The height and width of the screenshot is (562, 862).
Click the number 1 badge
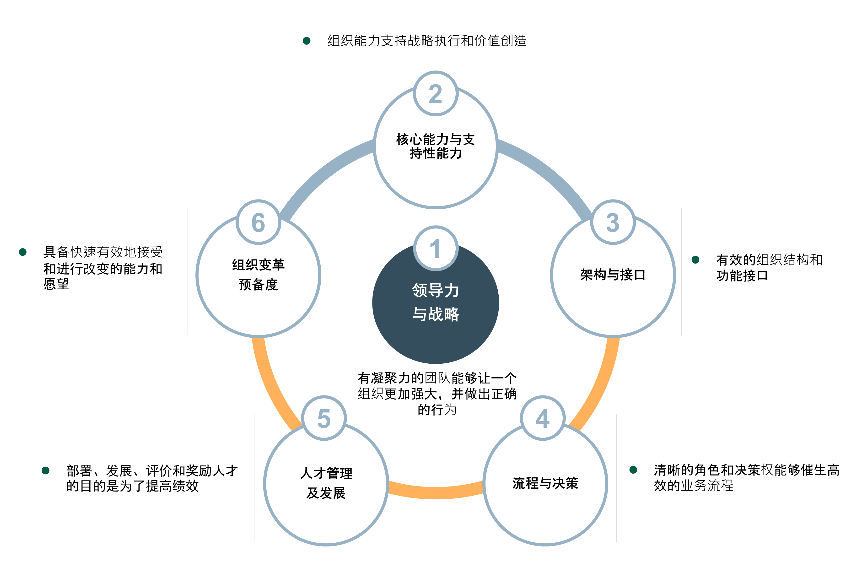point(436,248)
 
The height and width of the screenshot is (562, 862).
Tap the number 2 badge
point(436,93)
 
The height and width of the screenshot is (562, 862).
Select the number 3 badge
point(613,222)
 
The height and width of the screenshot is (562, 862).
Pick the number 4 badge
point(543,418)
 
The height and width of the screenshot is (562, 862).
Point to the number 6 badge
point(258,222)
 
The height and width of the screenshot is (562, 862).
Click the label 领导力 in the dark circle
point(436,290)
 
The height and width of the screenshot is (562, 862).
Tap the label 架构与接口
point(613,275)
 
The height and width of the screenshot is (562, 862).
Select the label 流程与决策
point(545,483)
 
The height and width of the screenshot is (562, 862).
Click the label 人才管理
point(326,473)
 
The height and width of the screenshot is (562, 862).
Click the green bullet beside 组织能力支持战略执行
point(307,41)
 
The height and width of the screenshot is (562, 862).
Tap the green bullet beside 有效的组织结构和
point(695,259)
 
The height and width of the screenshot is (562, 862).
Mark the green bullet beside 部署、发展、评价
point(46,470)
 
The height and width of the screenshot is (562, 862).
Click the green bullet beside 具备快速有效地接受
point(22,252)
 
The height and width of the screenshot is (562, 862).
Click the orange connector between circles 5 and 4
point(436,493)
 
